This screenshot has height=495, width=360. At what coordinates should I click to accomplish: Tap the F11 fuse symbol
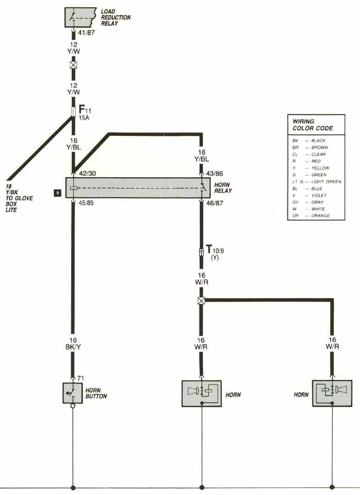73,112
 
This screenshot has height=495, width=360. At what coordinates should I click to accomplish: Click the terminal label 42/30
87,174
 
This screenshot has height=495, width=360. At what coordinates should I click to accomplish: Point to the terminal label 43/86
215,174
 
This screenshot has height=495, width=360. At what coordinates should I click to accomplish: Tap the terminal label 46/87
215,203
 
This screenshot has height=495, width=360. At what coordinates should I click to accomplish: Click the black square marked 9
57,193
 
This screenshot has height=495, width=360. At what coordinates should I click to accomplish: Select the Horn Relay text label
223,188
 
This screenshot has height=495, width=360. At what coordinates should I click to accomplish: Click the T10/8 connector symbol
201,252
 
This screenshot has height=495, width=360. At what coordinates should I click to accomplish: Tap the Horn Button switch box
72,393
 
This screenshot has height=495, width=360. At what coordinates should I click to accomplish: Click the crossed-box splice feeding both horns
201,301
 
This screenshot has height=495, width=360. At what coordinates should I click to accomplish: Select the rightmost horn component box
332,393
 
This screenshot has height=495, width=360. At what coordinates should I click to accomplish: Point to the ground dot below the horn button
73,487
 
